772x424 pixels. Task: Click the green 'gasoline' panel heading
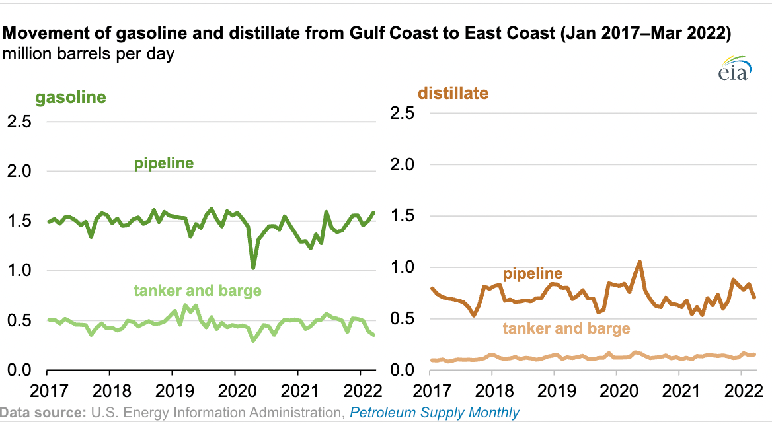pyautogui.click(x=71, y=98)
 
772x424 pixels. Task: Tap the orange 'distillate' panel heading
pyautogui.click(x=453, y=93)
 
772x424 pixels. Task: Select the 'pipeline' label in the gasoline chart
pyautogui.click(x=164, y=163)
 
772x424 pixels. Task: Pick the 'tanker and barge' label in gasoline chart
pyautogui.click(x=198, y=291)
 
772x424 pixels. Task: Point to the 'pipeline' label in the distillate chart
pyautogui.click(x=533, y=273)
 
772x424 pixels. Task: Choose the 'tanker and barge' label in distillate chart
pyautogui.click(x=566, y=328)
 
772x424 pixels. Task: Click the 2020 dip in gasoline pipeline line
pyautogui.click(x=253, y=267)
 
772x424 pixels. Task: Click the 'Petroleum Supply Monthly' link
pyautogui.click(x=434, y=413)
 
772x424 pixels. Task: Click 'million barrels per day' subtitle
pyautogui.click(x=89, y=54)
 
